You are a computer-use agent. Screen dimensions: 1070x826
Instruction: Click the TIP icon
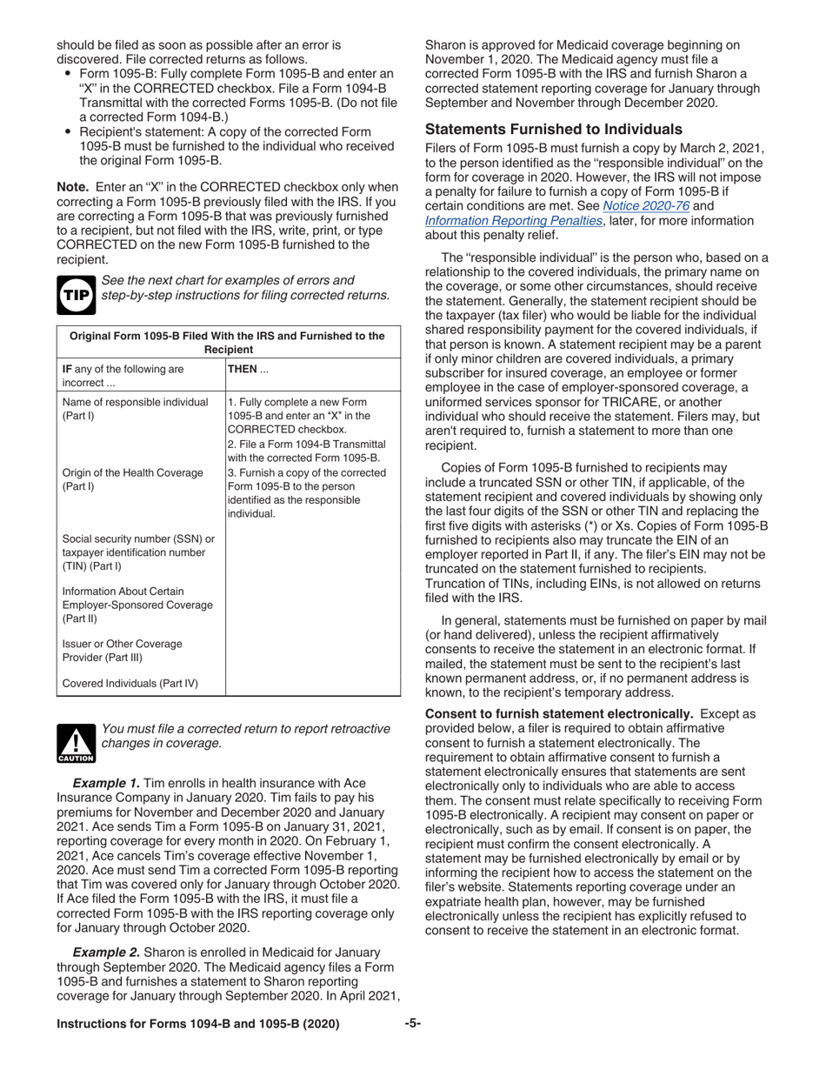[74, 294]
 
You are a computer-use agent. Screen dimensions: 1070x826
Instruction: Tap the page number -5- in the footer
[412, 1024]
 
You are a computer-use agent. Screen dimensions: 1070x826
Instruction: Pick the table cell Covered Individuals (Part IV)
[130, 683]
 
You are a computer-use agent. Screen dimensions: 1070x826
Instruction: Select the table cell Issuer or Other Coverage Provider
[123, 651]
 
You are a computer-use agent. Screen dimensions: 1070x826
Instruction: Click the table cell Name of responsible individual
[135, 409]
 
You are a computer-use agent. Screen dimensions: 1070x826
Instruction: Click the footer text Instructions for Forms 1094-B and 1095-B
[197, 1024]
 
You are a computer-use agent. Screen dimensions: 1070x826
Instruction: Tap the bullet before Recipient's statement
[68, 131]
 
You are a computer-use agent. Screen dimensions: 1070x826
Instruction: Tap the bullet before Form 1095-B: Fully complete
[68, 74]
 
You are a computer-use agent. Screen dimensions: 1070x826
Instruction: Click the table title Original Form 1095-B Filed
[228, 342]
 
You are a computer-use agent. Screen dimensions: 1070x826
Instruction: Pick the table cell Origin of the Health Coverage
[133, 479]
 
